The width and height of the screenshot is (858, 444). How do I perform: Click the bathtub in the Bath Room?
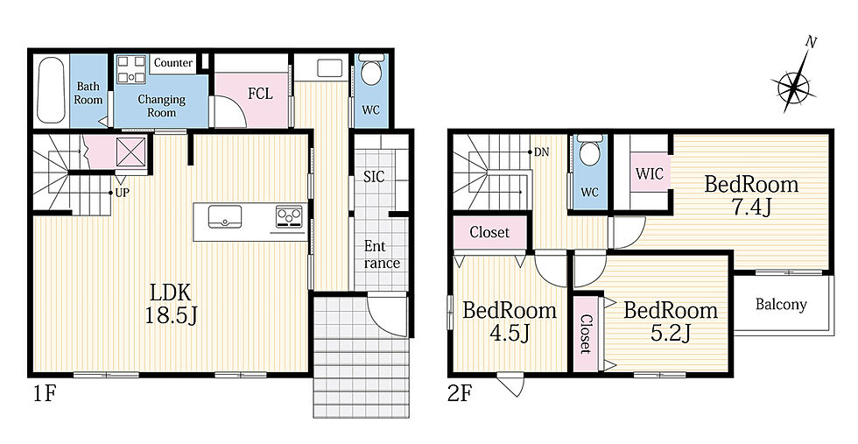click(53, 90)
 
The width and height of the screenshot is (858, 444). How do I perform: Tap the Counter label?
click(173, 63)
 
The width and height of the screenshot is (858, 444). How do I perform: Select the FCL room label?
click(260, 94)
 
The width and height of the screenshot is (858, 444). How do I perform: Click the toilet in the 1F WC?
click(371, 72)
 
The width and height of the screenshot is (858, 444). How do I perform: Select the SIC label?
click(375, 176)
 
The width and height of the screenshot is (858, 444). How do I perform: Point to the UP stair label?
click(122, 193)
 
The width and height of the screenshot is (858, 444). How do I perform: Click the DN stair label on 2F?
click(541, 152)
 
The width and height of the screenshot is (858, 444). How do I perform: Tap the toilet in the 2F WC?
click(589, 150)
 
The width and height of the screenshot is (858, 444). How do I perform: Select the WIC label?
click(650, 174)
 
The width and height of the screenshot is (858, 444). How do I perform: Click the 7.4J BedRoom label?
click(751, 195)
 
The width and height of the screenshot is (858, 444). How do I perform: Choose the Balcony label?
click(781, 305)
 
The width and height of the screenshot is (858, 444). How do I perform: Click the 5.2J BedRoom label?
click(671, 321)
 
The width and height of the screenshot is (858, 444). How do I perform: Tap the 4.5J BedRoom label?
click(510, 321)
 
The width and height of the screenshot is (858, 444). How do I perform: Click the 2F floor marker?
click(460, 393)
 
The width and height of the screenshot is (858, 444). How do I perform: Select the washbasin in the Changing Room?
click(132, 69)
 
